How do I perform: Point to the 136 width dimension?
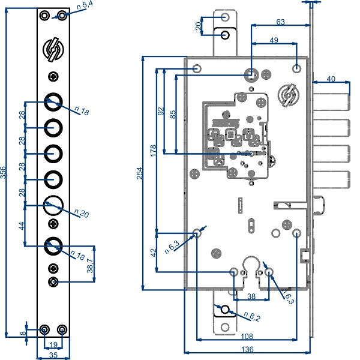pos(246,349)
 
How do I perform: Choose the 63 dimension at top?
pos(280,21)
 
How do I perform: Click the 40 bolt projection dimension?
pos(331,79)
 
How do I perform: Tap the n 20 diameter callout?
pos(82,214)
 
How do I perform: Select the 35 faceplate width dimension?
pos(53,355)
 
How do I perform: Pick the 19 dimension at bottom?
pos(53,344)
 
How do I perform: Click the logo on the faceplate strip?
pos(53,50)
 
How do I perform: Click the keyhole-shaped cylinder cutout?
pos(251,268)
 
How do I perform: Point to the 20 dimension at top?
pos(199,26)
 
